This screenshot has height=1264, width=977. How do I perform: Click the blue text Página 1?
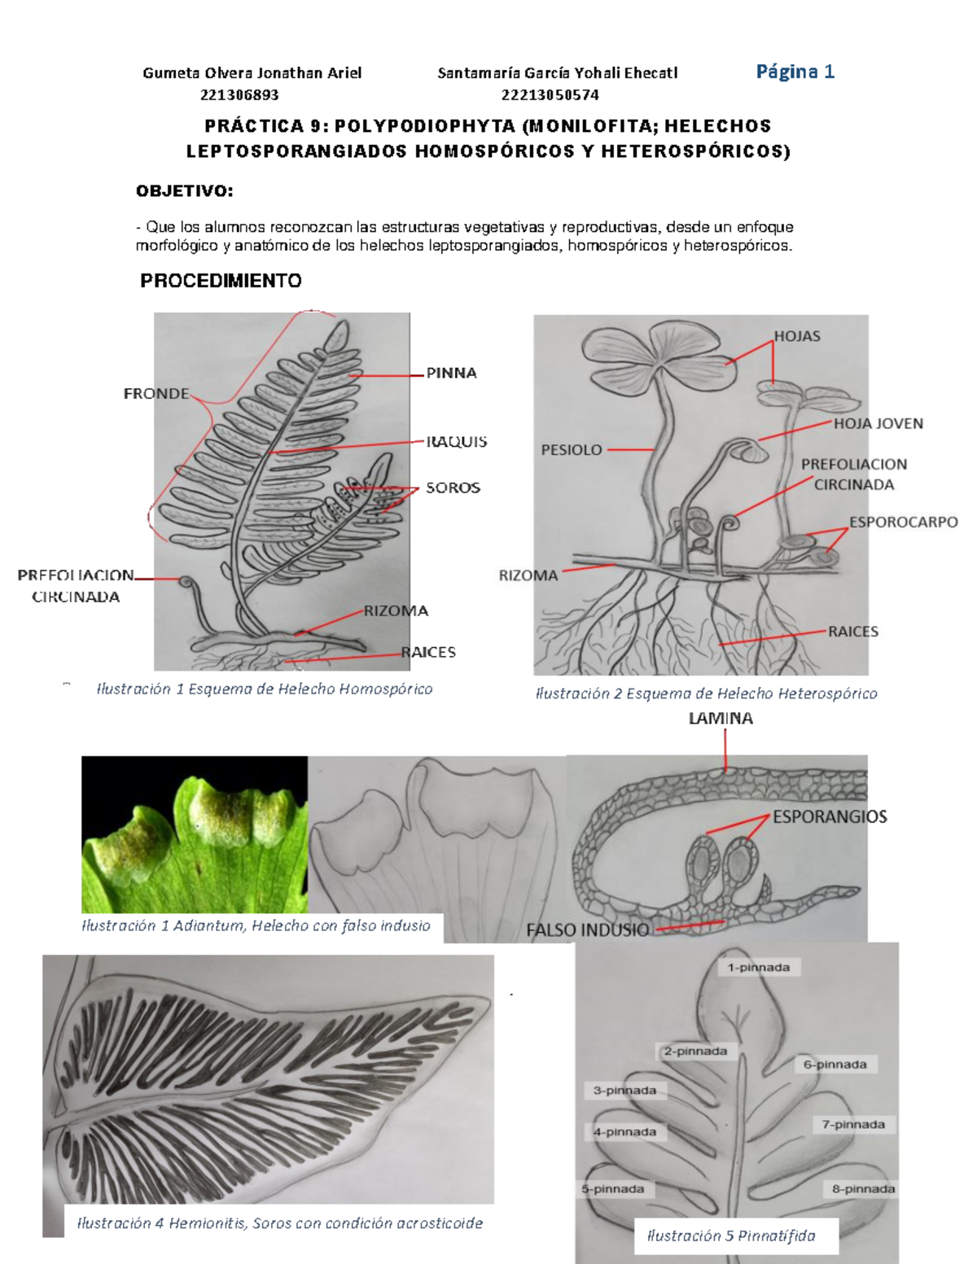795,72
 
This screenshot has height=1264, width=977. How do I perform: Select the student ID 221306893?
239,94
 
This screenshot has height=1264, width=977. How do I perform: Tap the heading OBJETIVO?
184,191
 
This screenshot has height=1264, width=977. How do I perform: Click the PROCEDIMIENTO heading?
221,281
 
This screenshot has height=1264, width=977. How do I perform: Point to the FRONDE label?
156,394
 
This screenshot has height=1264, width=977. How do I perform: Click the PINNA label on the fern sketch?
452,374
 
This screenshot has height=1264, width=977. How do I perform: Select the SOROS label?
453,488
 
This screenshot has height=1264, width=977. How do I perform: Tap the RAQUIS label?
456,442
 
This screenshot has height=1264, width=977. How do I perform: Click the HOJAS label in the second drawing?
797,336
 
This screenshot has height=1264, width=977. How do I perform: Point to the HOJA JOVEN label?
878,423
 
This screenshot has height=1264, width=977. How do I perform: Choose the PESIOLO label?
572,449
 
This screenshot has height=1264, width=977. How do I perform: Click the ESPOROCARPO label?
904,522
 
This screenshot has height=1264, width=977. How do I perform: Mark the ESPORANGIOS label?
829,816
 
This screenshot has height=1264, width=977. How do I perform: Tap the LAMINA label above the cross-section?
721,718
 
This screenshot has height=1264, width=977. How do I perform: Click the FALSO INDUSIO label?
587,929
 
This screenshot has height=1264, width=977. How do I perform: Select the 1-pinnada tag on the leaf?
759,968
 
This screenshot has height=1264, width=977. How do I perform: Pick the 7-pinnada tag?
853,1124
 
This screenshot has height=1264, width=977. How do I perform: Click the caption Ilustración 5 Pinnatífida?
730,1236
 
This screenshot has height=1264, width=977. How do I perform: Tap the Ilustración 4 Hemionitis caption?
279,1222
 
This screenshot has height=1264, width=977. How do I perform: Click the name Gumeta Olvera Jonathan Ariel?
252,72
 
